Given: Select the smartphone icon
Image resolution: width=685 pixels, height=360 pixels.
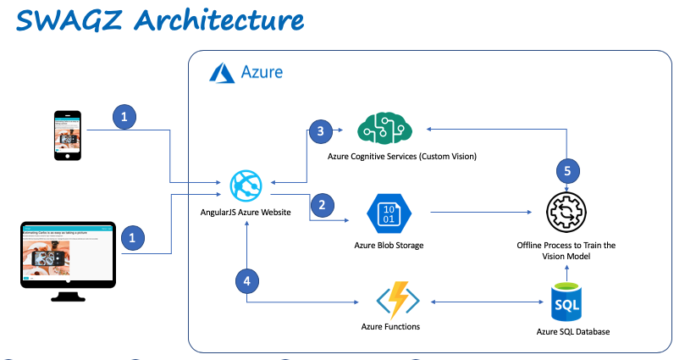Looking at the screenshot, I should [67, 134].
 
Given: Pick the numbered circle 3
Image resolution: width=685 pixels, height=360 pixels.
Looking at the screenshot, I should [320, 130].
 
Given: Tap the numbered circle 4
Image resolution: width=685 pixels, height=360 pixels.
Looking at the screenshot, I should [246, 280].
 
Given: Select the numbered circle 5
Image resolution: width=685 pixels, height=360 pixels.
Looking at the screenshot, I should [568, 170].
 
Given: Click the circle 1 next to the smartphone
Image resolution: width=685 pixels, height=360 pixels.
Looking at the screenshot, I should [124, 118].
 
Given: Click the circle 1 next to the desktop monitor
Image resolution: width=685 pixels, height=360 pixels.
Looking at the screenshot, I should [131, 239].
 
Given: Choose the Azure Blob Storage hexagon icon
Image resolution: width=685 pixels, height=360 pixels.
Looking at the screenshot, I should [389, 213].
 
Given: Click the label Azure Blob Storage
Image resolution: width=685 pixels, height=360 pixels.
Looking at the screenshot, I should [389, 246].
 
